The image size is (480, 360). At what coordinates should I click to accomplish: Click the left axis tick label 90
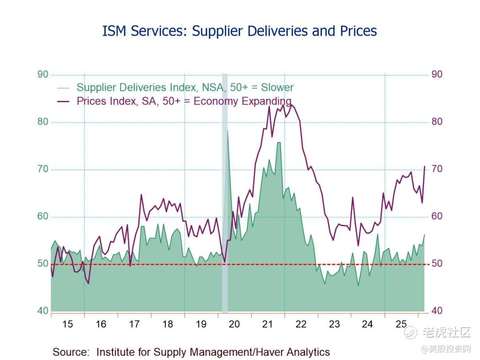point(43,74)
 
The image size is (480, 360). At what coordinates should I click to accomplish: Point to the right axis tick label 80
point(437,122)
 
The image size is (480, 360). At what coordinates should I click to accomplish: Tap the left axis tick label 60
point(43,216)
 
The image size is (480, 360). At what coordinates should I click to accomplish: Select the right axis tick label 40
point(437,311)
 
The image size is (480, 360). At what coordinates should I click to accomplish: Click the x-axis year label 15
point(68,324)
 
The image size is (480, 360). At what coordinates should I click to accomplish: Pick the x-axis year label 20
point(234,324)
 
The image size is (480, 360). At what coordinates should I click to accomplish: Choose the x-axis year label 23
point(334,324)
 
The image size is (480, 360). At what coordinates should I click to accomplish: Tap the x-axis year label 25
point(401,324)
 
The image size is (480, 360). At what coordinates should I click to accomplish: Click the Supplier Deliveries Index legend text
point(185,88)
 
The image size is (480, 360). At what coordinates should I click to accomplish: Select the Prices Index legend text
point(184,101)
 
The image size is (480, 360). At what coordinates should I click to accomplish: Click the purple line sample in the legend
point(64,101)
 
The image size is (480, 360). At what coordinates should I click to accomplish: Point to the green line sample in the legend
point(64,88)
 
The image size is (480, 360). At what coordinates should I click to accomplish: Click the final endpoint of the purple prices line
point(424,166)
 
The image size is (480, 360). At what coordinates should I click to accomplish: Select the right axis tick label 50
point(437,264)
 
